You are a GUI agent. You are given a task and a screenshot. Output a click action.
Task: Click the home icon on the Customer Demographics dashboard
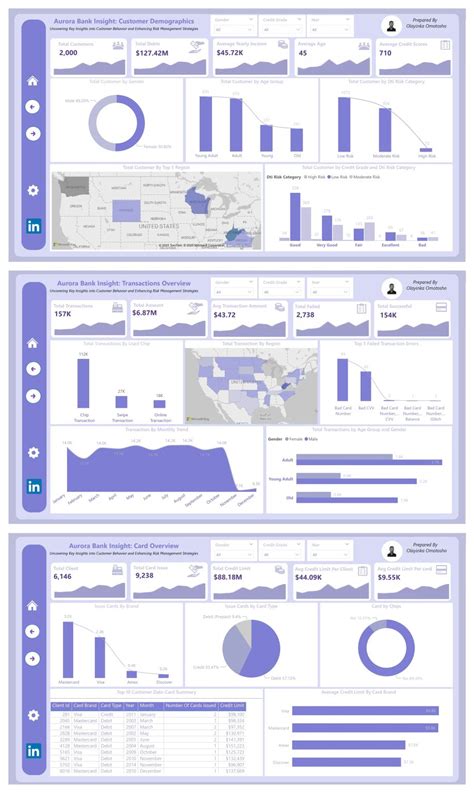click(x=33, y=81)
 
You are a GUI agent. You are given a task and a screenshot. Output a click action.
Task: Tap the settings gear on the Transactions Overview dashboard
click(x=33, y=452)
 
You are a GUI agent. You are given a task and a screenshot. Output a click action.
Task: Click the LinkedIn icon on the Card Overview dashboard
click(x=33, y=749)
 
